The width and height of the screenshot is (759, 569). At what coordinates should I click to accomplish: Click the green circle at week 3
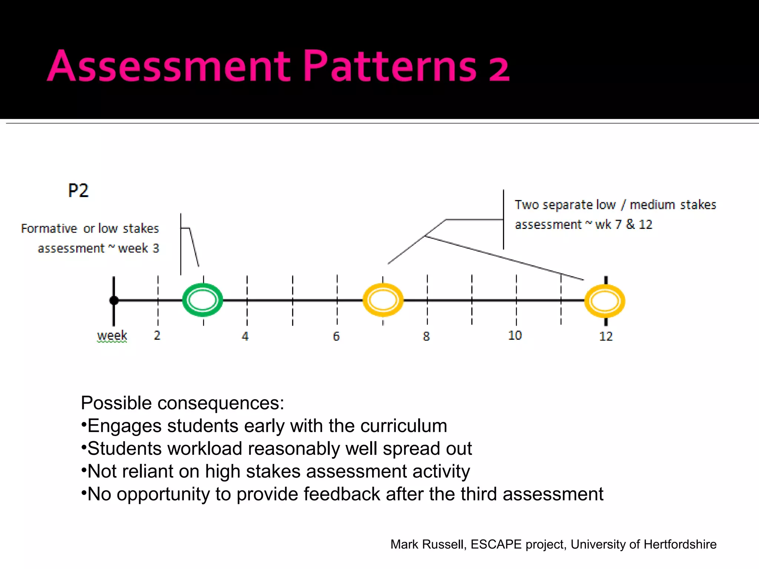(202, 300)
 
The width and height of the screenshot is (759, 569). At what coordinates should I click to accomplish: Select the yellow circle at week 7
(383, 300)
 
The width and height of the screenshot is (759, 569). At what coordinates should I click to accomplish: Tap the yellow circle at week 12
(605, 301)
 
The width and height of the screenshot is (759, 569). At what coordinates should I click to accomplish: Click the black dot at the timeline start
(114, 300)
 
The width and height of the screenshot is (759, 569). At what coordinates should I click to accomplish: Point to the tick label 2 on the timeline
(157, 335)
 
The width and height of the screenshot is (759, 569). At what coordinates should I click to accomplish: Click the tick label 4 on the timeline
(245, 336)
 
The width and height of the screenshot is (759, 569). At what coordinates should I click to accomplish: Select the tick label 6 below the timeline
(336, 336)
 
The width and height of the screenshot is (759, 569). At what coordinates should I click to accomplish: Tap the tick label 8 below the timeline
(426, 336)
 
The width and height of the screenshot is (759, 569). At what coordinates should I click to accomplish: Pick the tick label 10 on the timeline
(515, 335)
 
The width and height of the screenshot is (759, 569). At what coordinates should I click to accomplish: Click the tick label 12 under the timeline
(606, 336)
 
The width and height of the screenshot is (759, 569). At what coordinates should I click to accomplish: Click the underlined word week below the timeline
(112, 336)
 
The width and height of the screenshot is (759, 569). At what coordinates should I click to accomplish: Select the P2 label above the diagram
(78, 191)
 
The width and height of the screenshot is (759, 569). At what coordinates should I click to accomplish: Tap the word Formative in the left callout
(49, 229)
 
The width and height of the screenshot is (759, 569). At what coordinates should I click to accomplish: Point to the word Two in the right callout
(527, 204)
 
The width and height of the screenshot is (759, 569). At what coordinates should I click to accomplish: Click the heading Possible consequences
(182, 403)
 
